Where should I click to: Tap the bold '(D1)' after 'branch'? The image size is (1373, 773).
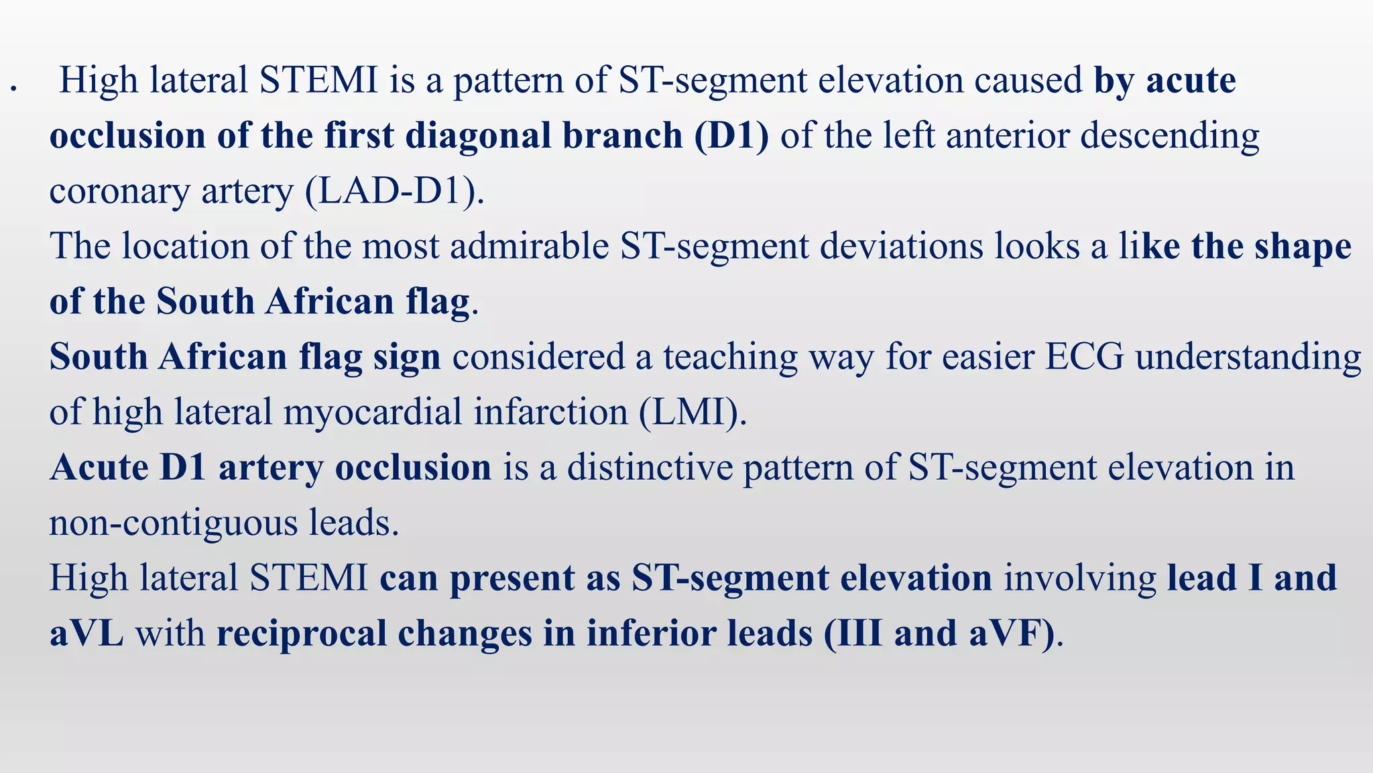tap(731, 136)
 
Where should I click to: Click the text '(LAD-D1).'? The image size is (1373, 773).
tap(394, 192)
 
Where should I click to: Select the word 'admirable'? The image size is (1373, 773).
tap(529, 246)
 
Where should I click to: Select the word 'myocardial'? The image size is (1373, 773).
tap(373, 413)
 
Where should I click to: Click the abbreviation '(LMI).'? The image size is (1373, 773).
tap(693, 413)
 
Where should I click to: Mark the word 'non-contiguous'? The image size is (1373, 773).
tap(173, 523)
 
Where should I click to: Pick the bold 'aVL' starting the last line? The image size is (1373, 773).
tap(86, 633)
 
